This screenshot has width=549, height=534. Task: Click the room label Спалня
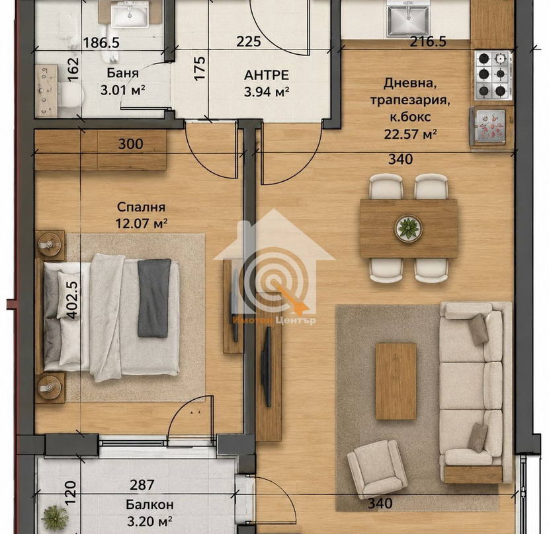click(x=141, y=207)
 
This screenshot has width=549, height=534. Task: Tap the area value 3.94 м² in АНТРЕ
click(x=267, y=92)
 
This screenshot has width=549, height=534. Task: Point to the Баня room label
click(x=122, y=73)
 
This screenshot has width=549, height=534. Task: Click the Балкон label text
click(x=149, y=505)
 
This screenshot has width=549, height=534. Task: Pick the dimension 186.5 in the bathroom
click(x=102, y=43)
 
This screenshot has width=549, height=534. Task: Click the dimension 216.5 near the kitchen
click(x=428, y=42)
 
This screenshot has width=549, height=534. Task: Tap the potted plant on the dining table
click(x=409, y=228)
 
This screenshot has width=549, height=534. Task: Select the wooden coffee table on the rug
click(x=396, y=381)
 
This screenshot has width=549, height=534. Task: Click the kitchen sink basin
click(x=407, y=21)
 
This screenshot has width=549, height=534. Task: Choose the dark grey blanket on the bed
click(x=153, y=298)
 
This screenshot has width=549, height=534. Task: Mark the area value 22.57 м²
click(x=410, y=134)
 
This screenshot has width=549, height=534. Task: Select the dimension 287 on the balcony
click(x=142, y=484)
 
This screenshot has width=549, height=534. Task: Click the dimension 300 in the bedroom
click(x=130, y=144)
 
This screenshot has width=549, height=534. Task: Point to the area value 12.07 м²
click(x=141, y=223)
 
